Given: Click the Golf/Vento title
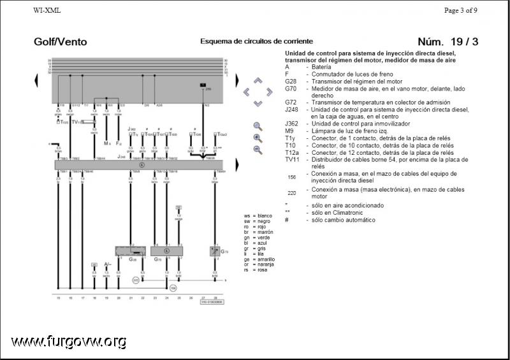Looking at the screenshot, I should (x=61, y=42).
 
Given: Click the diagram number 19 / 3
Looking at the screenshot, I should (x=448, y=42).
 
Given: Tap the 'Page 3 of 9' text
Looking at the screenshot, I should (x=460, y=10).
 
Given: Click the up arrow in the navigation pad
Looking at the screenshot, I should (x=258, y=81).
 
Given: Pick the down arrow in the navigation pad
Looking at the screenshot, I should (x=258, y=103).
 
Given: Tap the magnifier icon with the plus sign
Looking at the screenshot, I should (x=258, y=138).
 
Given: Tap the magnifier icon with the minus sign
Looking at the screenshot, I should (x=258, y=150).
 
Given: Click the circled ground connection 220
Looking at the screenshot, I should (x=136, y=280).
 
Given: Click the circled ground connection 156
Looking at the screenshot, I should (x=172, y=288).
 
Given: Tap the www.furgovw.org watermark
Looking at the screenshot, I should (x=68, y=342).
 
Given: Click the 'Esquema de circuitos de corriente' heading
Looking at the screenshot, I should (x=250, y=41).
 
